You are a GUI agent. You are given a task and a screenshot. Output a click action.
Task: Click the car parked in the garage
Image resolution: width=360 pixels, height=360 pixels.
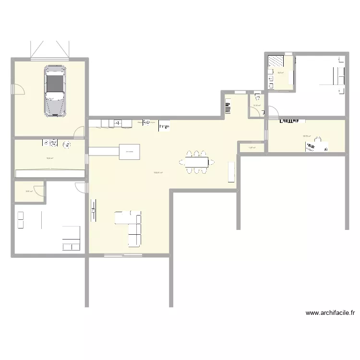[x=55, y=91]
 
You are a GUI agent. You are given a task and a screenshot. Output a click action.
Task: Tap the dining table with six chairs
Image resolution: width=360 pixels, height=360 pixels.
[x=195, y=162]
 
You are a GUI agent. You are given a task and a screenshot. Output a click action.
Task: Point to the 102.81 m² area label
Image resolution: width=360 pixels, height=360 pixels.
[x=158, y=173]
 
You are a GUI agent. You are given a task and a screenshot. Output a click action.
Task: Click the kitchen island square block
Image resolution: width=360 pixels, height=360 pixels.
[x=130, y=151]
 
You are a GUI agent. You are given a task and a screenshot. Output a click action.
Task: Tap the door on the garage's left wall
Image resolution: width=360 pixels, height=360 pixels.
[x=18, y=89]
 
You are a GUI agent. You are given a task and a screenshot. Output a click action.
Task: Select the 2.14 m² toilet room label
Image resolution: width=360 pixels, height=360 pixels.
[x=257, y=106]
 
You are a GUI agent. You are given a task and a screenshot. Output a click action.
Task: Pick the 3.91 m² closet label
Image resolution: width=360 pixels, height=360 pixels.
[x=28, y=191]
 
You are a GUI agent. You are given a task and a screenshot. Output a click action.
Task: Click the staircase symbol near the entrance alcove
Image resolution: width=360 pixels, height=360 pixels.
[x=228, y=106]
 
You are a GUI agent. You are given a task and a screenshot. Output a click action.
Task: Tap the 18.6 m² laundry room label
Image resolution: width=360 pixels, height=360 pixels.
[x=49, y=158]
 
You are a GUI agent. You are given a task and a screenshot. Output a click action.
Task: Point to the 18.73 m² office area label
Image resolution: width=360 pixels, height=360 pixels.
[x=306, y=136]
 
